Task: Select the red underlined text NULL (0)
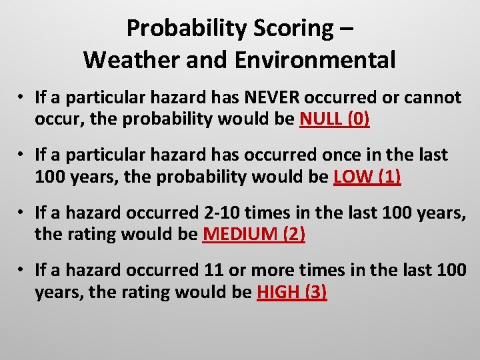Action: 335,119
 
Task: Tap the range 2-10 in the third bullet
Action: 219,213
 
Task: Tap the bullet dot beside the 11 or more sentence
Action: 22,271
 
